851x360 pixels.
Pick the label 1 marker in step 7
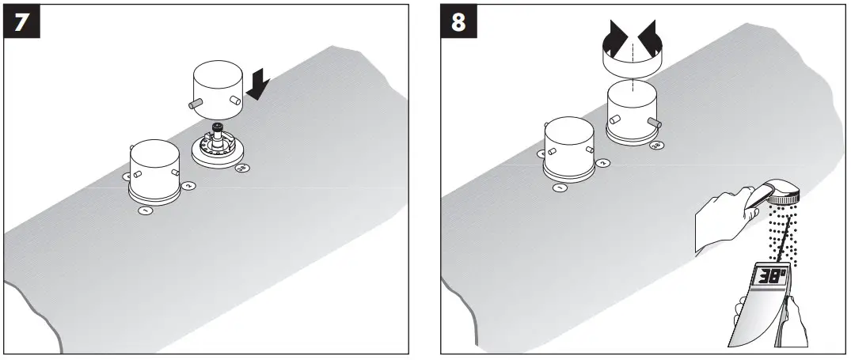pyautogui.click(x=145, y=210)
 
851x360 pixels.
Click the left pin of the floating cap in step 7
pyautogui.click(x=195, y=104)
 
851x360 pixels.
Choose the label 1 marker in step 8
pyautogui.click(x=559, y=188)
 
